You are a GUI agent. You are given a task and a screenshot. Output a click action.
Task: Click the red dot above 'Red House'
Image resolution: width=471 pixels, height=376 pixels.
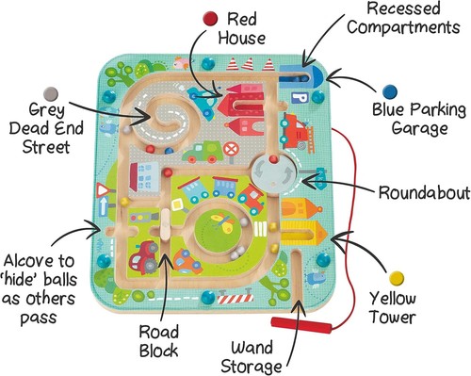pos(209,16)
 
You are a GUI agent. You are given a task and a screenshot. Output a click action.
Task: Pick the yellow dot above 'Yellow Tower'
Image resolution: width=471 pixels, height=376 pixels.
pos(398,278)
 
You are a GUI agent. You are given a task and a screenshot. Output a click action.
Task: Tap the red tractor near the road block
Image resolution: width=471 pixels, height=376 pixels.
pos(146,254)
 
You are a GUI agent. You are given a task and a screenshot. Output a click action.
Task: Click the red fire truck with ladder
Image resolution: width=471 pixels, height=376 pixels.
pos(296,126)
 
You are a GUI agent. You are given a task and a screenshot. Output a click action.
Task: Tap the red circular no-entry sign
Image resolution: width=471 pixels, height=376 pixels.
pos(230,148)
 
